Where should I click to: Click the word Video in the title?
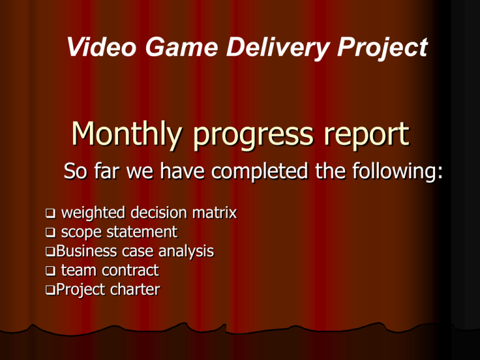(102, 47)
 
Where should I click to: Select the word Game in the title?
(181, 47)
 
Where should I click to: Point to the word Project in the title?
(382, 47)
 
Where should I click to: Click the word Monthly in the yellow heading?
(127, 134)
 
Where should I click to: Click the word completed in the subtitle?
(259, 171)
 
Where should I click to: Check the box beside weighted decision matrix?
(51, 213)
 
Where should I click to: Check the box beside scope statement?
(51, 232)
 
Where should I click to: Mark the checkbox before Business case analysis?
(51, 252)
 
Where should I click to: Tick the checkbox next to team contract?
(51, 271)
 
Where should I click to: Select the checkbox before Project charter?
(51, 290)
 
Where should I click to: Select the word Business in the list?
(87, 251)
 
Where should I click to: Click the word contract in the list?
(130, 271)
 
